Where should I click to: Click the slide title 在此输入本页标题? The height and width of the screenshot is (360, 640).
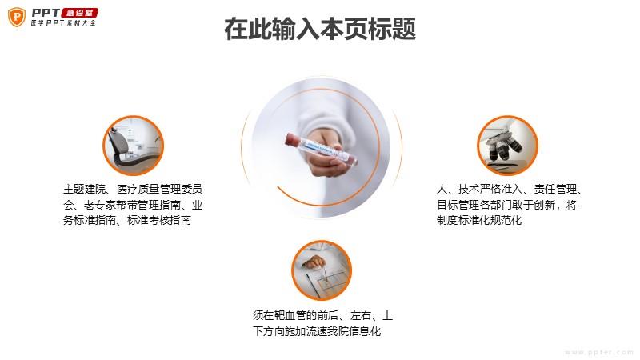(320, 29)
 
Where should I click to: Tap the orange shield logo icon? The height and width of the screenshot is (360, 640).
(17, 17)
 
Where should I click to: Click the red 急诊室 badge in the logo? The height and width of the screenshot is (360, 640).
(79, 13)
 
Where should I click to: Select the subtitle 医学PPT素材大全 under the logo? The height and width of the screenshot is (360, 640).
(63, 23)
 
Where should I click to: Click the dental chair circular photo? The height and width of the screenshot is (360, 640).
(133, 146)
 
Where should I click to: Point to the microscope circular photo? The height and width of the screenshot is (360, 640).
(507, 146)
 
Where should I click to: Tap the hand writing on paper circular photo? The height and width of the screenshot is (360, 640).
(322, 270)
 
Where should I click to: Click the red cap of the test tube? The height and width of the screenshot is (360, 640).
(292, 138)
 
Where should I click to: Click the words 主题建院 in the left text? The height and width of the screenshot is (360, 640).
(85, 189)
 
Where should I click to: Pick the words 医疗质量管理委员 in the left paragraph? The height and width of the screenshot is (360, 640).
(159, 189)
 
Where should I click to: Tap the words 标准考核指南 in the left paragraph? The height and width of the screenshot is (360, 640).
(159, 221)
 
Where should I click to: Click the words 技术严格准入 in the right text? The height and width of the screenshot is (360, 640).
(490, 189)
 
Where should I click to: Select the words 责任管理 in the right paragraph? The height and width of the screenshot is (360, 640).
(555, 189)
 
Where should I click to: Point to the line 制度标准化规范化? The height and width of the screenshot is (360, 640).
(479, 221)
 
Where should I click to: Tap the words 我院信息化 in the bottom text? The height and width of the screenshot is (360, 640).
(354, 331)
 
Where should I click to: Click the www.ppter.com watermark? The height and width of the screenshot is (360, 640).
(599, 352)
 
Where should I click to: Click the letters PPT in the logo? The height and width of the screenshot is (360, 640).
(46, 13)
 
